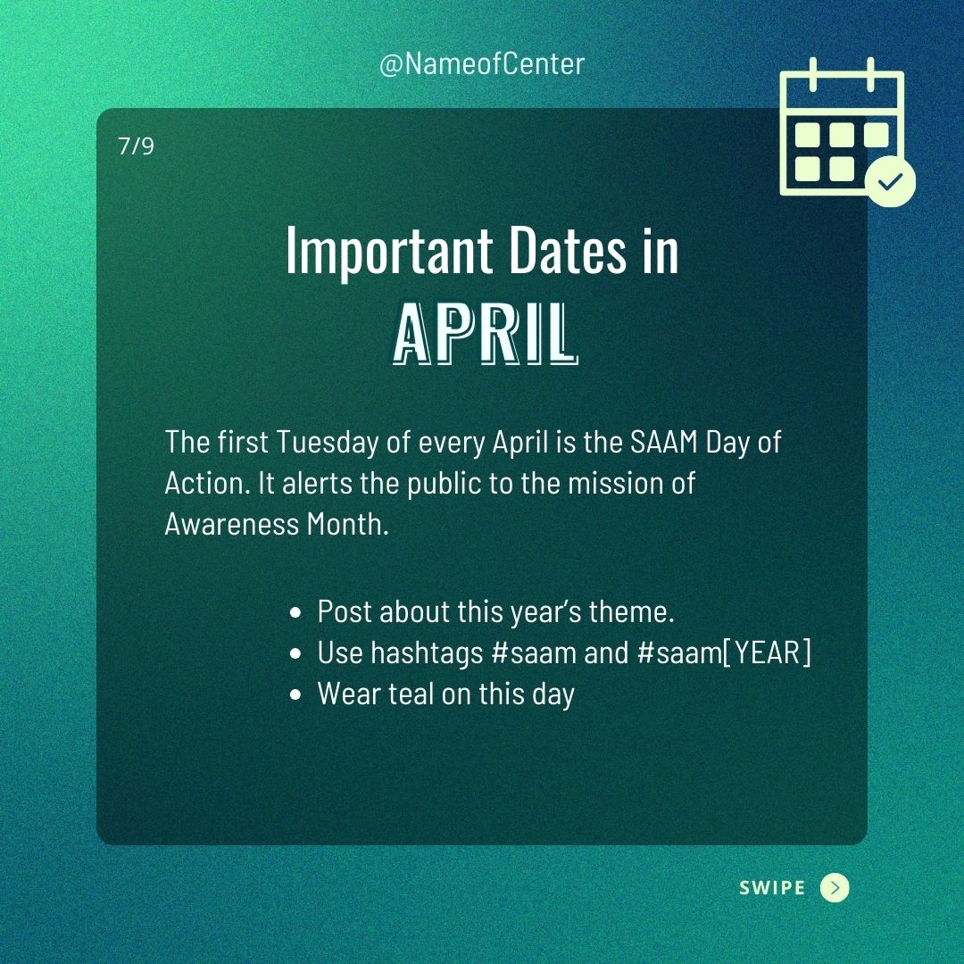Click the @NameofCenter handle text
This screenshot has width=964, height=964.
point(481,64)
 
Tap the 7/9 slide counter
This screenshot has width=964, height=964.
point(136,146)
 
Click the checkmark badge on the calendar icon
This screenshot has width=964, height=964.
point(890,181)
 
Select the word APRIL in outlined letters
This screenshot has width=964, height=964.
point(485,333)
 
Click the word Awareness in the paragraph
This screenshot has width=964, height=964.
point(232,525)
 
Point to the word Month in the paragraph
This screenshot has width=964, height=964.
point(348,525)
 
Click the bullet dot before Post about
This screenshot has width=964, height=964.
point(295,613)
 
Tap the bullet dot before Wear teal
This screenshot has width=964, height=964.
point(295,695)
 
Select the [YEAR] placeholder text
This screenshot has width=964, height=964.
point(767,652)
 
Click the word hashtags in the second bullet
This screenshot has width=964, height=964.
point(427,653)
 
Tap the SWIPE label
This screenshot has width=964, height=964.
point(772,888)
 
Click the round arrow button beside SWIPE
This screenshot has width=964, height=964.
point(835,888)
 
